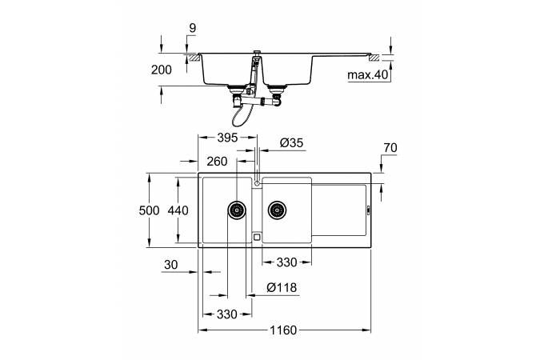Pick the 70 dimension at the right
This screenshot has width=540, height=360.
click(x=390, y=147)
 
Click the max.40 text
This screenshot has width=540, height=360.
click(x=368, y=76)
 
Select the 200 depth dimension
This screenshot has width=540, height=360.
click(x=162, y=70)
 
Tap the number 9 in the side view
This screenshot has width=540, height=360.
click(x=192, y=29)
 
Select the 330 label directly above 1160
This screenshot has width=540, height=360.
click(x=226, y=314)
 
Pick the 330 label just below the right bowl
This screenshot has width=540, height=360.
click(x=289, y=262)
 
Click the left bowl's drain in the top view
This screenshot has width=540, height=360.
click(x=237, y=210)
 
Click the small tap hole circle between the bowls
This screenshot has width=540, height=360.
click(x=256, y=182)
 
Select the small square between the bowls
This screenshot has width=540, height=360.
click(x=256, y=237)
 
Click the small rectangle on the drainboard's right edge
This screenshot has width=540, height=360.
click(x=368, y=210)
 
